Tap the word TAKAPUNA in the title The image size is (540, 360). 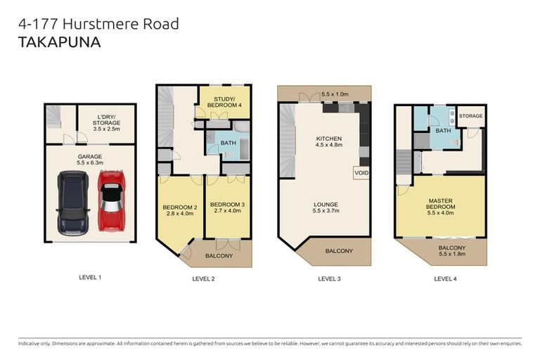click(60, 41)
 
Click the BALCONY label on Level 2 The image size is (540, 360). click(219, 255)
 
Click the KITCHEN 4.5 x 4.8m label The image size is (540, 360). click(328, 143)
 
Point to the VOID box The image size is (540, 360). click(361, 172)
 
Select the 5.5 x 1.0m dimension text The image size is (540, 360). click(335, 94)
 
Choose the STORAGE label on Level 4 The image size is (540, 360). click(470, 116)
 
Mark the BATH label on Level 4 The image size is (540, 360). click(443, 130)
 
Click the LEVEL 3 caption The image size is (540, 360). click(329, 278)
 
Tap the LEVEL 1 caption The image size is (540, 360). click(90, 277)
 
